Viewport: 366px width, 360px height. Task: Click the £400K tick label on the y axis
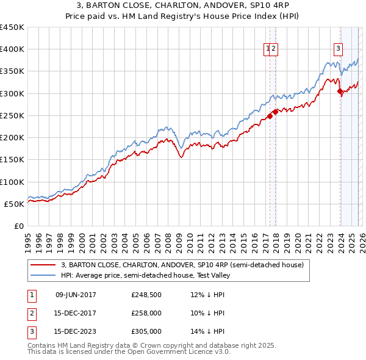coord(12,49)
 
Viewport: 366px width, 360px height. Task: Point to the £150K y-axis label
coord(12,160)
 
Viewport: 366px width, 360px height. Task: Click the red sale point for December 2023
coord(340,92)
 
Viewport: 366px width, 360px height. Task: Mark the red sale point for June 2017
coord(270,116)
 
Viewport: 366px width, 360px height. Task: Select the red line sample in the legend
coord(43,265)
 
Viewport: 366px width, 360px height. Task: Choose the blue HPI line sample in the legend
coord(43,275)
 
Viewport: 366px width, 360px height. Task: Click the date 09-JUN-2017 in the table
coord(76,295)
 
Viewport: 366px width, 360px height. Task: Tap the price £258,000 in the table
coord(146,313)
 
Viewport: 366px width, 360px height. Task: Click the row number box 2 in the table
coord(32,313)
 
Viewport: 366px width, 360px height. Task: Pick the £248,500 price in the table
coord(146,295)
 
